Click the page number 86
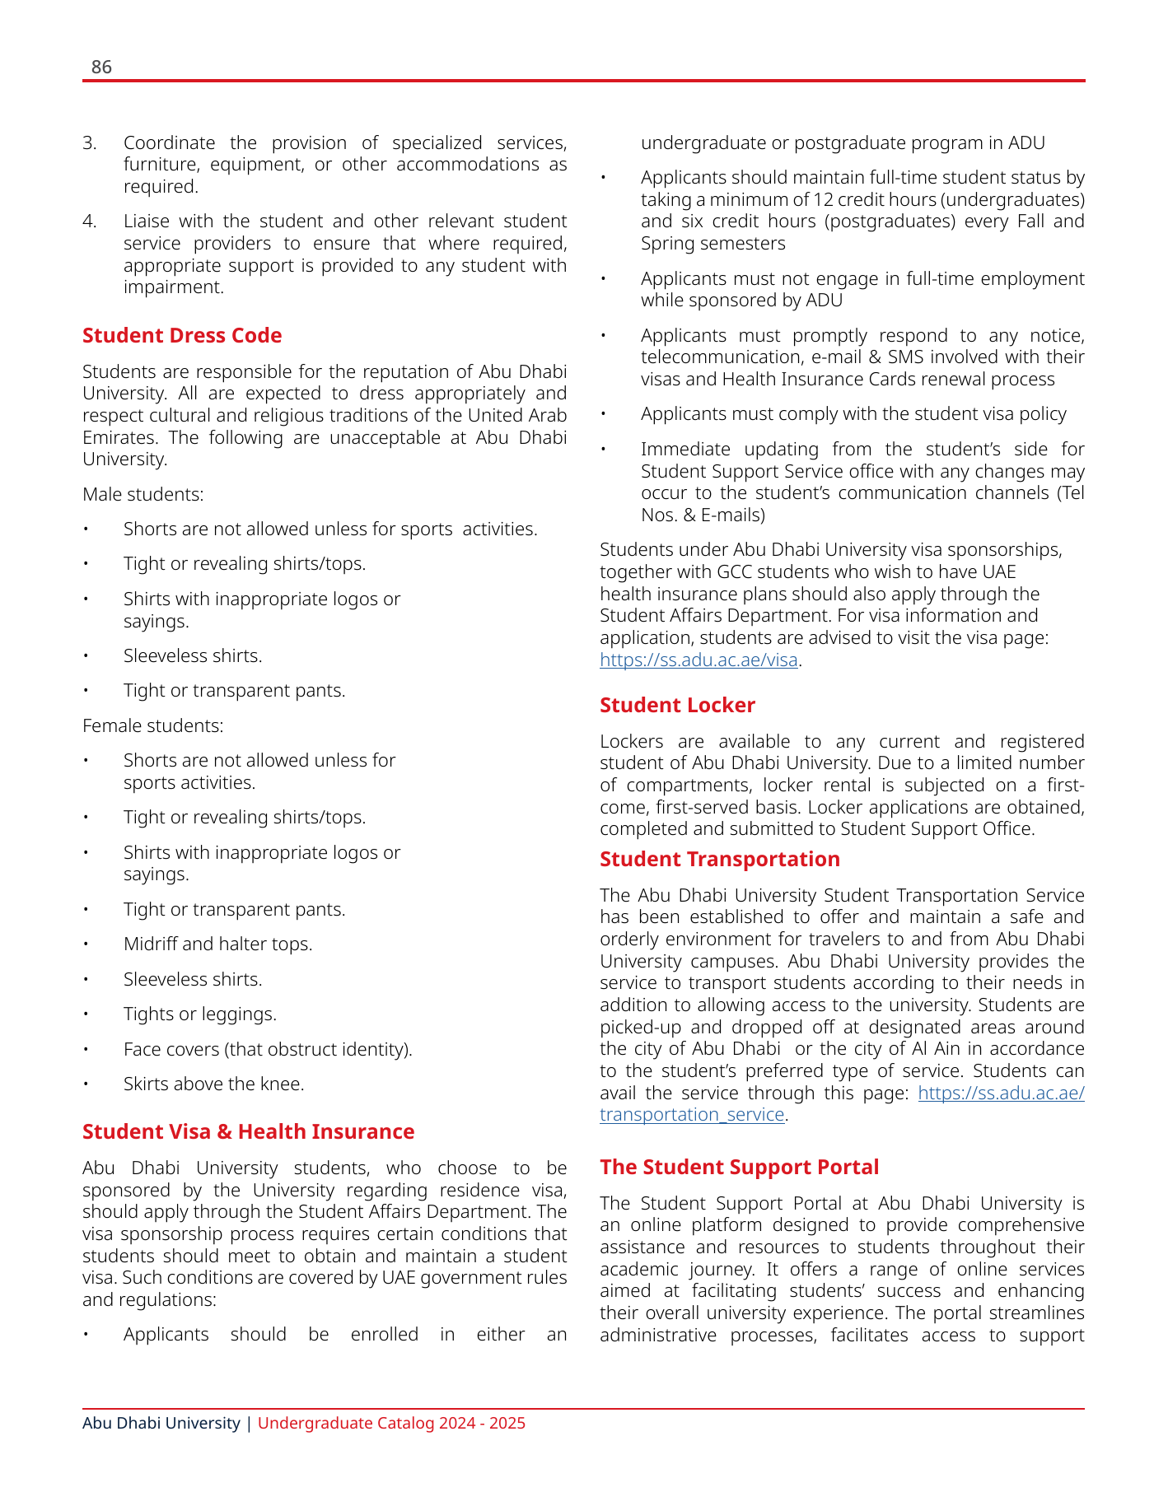click(101, 68)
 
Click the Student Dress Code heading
click(182, 336)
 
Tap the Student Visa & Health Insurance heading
click(248, 1132)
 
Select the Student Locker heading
click(677, 706)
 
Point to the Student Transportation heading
click(719, 860)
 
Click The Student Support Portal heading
click(739, 1168)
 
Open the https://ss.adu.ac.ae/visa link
click(698, 660)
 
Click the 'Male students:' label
click(143, 495)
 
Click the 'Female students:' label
click(152, 726)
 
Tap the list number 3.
click(89, 143)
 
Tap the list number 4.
click(89, 221)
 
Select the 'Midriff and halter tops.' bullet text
click(217, 944)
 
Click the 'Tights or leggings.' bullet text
click(199, 1014)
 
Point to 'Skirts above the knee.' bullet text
click(213, 1084)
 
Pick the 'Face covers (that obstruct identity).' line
click(267, 1050)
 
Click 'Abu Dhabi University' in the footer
click(161, 1424)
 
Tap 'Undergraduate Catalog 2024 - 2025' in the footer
click(391, 1424)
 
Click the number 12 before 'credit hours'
click(824, 200)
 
